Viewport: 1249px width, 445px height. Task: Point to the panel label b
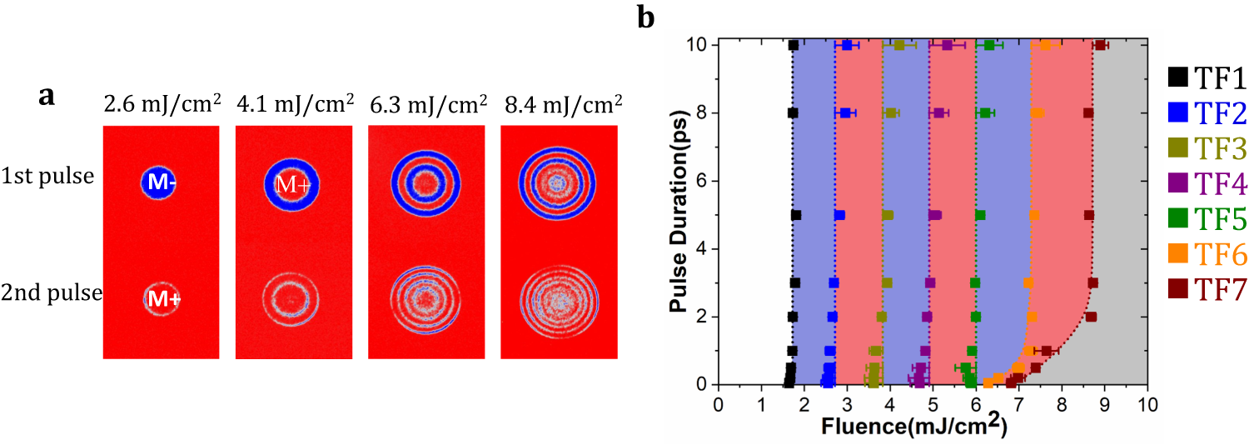[646, 17]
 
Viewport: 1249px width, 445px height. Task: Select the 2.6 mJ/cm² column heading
[162, 105]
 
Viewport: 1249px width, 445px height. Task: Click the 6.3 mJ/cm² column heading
[428, 105]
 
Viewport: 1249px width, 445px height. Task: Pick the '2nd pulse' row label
[52, 292]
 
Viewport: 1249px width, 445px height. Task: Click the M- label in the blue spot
[162, 183]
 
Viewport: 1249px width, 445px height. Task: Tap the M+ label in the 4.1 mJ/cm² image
[292, 184]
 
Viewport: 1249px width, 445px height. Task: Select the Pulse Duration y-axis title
[679, 212]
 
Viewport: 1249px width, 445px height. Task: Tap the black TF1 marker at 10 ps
[794, 45]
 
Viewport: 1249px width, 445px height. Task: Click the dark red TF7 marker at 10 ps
[1100, 45]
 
